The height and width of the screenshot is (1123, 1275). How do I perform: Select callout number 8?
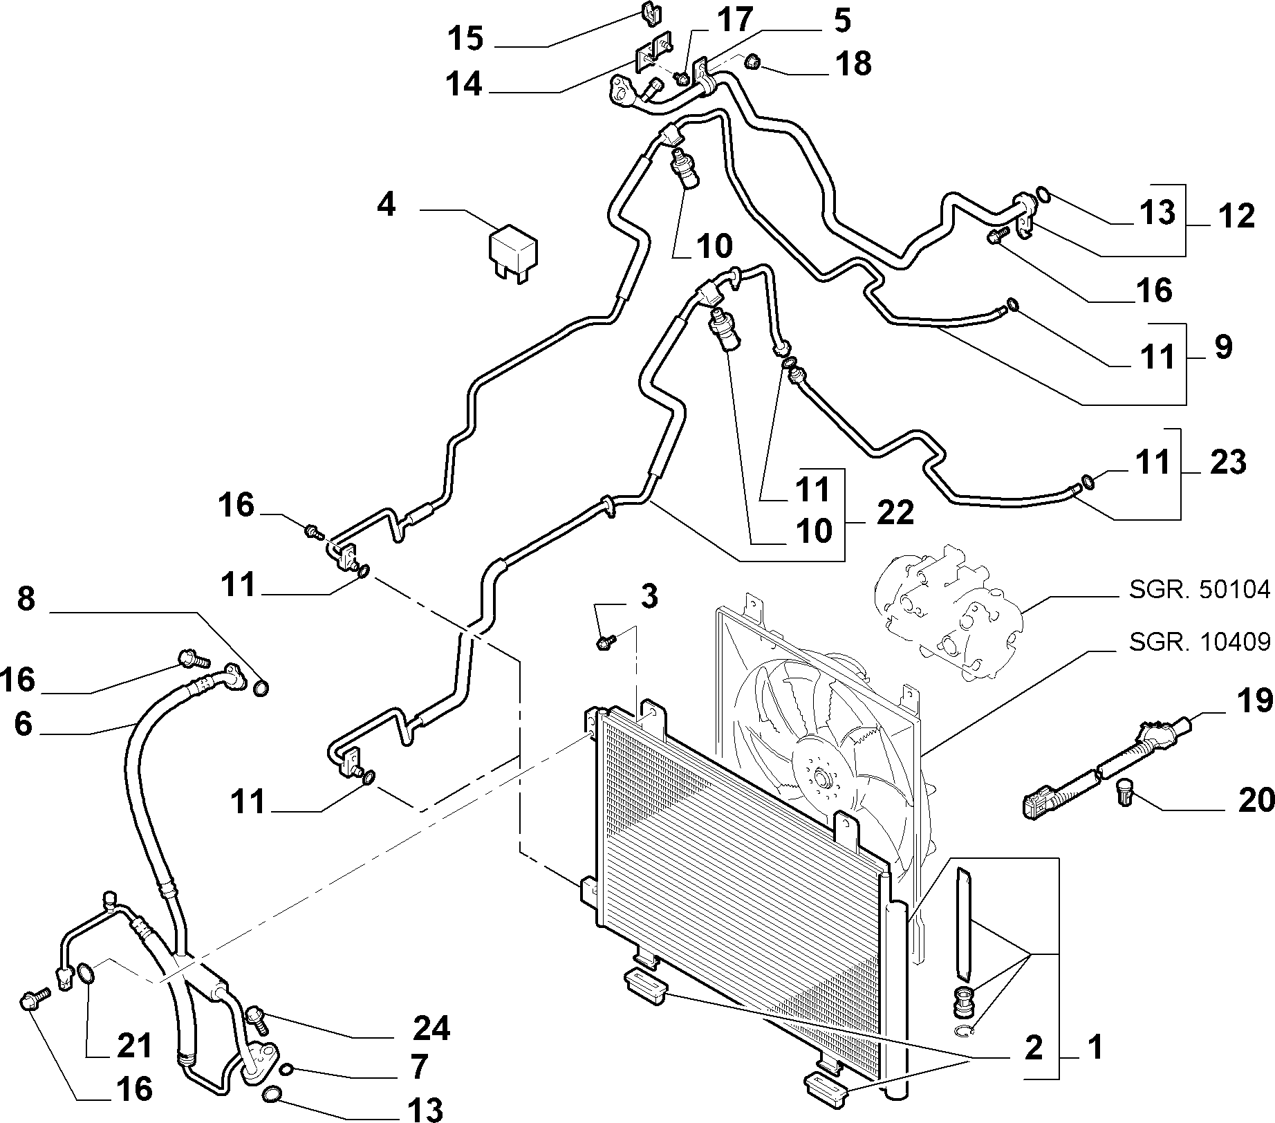[26, 598]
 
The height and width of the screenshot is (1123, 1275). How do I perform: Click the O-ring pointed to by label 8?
[261, 688]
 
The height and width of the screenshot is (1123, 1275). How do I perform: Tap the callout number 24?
[431, 1029]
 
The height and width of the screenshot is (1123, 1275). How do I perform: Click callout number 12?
[1237, 216]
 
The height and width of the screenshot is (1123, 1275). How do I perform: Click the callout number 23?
[1228, 461]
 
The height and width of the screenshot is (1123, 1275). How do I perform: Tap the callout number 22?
[895, 513]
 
